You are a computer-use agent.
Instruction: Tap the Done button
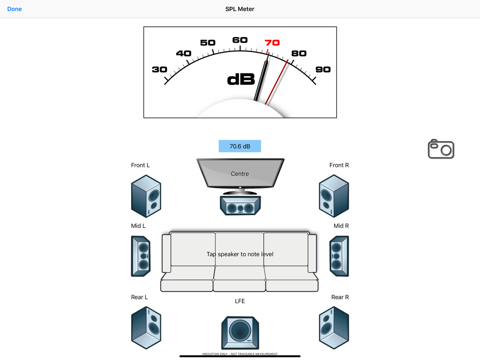tap(14, 9)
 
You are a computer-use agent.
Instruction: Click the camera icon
tap(441, 149)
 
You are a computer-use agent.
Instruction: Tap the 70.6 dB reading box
tap(240, 146)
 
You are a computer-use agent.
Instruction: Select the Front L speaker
tap(146, 196)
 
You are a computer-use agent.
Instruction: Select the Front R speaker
tap(334, 196)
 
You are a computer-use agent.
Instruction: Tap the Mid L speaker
tap(141, 256)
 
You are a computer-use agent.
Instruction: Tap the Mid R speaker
tap(339, 256)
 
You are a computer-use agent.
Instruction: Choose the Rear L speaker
tap(146, 328)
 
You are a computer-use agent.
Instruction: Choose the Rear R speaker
tap(334, 328)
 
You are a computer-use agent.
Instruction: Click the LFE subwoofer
tap(240, 333)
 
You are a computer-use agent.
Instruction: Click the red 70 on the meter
tap(272, 43)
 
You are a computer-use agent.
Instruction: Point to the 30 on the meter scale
tap(159, 70)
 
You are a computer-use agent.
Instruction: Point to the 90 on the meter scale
tap(323, 70)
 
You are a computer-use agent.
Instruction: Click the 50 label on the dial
tap(207, 43)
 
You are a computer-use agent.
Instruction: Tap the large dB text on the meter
tap(241, 80)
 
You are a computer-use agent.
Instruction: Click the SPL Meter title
tap(240, 9)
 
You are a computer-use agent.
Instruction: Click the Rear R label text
tap(340, 297)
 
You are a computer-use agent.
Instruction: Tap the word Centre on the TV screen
tap(240, 174)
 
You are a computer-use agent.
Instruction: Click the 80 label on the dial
tap(299, 53)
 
